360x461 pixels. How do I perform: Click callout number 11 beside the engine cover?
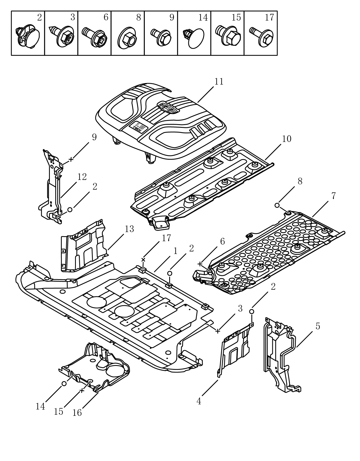[219, 82]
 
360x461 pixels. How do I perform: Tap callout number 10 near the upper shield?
[286, 139]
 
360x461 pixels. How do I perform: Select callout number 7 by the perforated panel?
[333, 196]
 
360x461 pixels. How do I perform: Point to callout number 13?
[129, 229]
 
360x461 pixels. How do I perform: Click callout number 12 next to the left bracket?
[82, 177]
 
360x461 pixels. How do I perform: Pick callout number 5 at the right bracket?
[318, 326]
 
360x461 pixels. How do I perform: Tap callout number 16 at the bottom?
[77, 413]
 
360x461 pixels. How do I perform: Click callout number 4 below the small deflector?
[199, 401]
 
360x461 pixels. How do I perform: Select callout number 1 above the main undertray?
[175, 251]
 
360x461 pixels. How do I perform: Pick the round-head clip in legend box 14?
[194, 37]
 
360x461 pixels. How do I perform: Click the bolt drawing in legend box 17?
[261, 37]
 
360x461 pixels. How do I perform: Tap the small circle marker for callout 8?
[277, 205]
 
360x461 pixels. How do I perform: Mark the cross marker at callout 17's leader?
[143, 260]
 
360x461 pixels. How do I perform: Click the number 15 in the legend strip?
[236, 17]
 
